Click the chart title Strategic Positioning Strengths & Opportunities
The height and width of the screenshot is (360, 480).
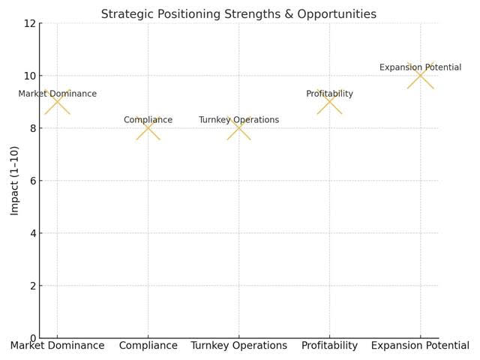pos(238,14)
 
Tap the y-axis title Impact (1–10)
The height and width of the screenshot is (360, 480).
pos(15,181)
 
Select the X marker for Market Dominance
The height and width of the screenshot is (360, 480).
pos(57,102)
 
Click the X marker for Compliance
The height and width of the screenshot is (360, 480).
pos(148,128)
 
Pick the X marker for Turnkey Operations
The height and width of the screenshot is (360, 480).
pos(239,128)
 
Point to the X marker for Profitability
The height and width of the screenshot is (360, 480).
pos(329,102)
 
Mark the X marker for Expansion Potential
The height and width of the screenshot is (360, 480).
pos(421,76)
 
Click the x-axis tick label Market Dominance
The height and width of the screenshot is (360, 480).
pos(57,346)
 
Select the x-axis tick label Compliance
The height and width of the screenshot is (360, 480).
pos(148,346)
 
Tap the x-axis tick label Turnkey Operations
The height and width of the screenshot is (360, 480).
pos(239,346)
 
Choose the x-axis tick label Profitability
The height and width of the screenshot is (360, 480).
pos(329,346)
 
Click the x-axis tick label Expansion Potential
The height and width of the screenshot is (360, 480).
pos(420,346)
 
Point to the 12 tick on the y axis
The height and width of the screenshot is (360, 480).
pos(30,23)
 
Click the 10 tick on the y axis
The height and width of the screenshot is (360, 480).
pos(30,76)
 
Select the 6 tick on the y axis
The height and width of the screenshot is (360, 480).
pos(32,181)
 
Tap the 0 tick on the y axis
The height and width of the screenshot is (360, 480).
pos(32,338)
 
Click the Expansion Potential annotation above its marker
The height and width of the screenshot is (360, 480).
pos(420,67)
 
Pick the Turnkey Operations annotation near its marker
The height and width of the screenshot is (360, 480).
pos(238,120)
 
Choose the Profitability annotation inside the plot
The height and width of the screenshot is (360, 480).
pos(329,94)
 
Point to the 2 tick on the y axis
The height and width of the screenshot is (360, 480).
pos(32,286)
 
